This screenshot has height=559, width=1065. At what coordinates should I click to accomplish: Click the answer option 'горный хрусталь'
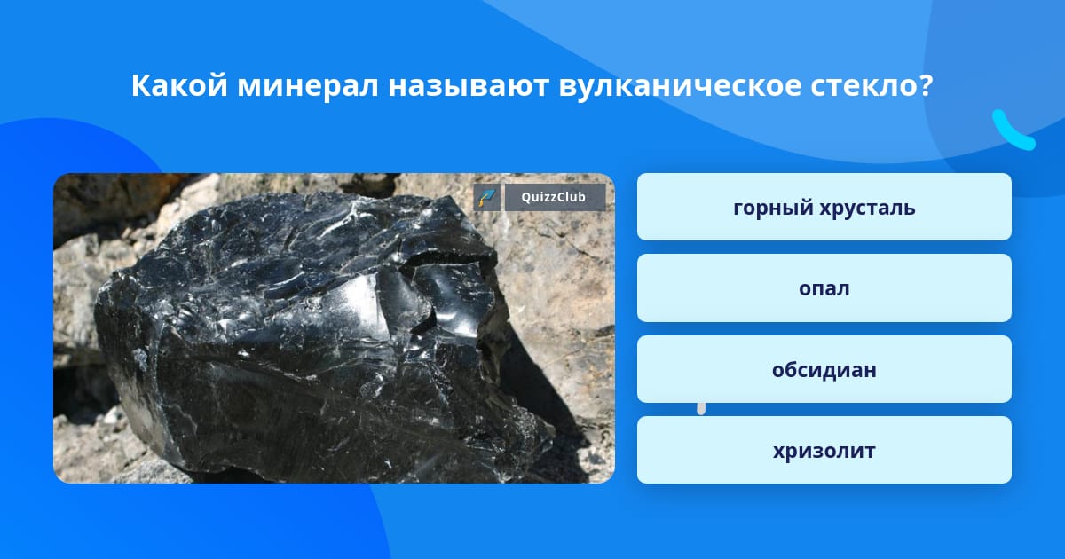pyautogui.click(x=824, y=207)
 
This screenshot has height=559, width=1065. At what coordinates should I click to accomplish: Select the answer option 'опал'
pyautogui.click(x=824, y=288)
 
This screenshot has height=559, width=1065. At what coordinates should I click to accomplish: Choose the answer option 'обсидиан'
pyautogui.click(x=824, y=369)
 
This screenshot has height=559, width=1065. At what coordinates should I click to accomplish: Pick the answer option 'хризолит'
pyautogui.click(x=824, y=450)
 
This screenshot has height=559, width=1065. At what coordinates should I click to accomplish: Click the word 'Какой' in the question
pyautogui.click(x=179, y=85)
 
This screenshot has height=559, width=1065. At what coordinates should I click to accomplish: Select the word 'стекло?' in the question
pyautogui.click(x=872, y=85)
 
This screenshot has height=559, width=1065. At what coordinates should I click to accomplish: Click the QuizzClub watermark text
pyautogui.click(x=554, y=197)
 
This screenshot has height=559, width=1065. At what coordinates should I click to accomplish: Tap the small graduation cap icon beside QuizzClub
pyautogui.click(x=487, y=197)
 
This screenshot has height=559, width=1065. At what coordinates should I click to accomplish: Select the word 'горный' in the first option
pyautogui.click(x=769, y=208)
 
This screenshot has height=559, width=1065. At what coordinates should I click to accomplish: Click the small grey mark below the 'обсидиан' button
pyautogui.click(x=701, y=408)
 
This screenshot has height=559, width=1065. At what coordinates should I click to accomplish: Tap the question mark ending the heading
pyautogui.click(x=926, y=85)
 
